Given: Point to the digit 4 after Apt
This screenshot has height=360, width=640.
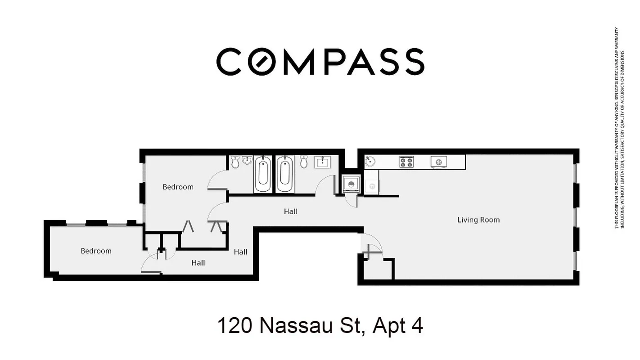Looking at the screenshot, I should [x=417, y=325].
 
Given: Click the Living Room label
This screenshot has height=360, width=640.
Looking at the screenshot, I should [x=478, y=220].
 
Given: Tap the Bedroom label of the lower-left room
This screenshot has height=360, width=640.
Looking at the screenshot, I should [x=96, y=251].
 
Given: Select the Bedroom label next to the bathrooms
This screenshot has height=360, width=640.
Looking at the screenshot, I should [x=178, y=187].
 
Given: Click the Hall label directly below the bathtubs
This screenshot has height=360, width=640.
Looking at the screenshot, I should [x=290, y=211].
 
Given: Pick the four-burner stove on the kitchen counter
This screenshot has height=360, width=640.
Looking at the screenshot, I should [x=406, y=162].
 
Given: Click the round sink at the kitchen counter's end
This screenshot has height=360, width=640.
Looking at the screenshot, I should [x=370, y=162].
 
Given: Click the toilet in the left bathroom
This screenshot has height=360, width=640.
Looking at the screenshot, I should [x=235, y=162].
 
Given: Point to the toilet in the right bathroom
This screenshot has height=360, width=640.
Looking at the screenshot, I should [x=304, y=162].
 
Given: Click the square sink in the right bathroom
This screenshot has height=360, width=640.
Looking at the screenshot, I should [x=322, y=162].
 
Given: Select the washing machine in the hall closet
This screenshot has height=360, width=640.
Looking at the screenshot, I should [x=350, y=184].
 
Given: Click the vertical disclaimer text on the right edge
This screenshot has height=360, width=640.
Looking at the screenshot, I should [x=620, y=128].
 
